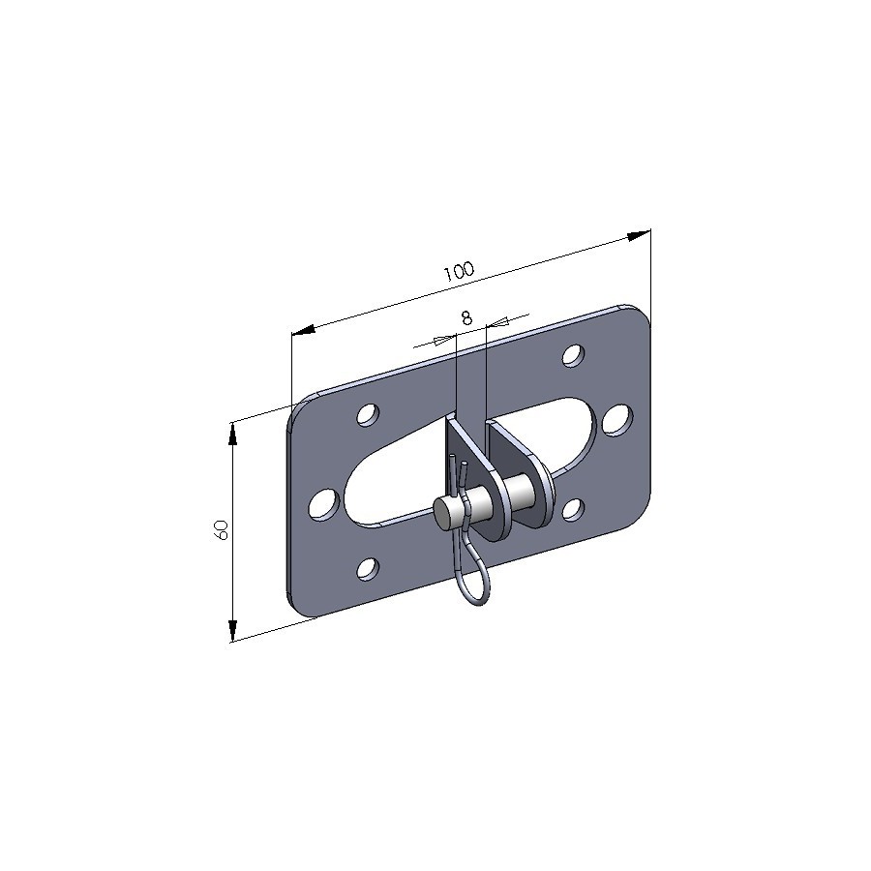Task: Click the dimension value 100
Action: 459,271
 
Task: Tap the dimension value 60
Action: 221,530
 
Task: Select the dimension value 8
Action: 466,317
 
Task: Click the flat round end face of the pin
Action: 445,512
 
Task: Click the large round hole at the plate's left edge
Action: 323,504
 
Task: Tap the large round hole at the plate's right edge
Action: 617,421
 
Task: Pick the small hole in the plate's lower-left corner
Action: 368,569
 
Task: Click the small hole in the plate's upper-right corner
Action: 573,355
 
